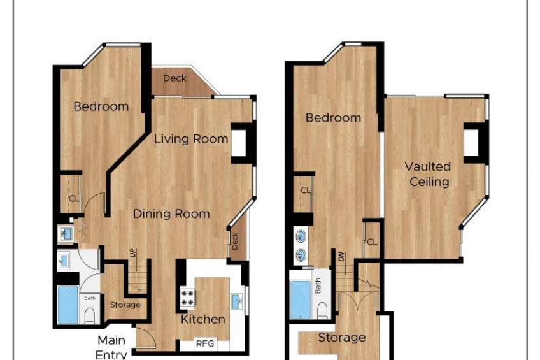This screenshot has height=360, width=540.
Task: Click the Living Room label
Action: pyautogui.click(x=191, y=139)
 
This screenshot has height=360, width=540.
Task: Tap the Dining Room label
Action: pyautogui.click(x=171, y=214)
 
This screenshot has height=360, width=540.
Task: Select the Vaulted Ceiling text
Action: pyautogui.click(x=428, y=175)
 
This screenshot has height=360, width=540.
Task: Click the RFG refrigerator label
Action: pyautogui.click(x=205, y=343)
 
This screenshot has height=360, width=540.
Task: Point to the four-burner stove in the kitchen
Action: pyautogui.click(x=188, y=298)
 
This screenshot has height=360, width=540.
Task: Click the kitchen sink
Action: pyautogui.click(x=237, y=301)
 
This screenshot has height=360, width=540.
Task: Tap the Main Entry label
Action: pyautogui.click(x=111, y=347)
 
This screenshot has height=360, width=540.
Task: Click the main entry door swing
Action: pyautogui.click(x=146, y=338)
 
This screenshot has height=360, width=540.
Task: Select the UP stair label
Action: pyautogui.click(x=133, y=254)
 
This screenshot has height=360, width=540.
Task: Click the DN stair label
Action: pyautogui.click(x=341, y=257)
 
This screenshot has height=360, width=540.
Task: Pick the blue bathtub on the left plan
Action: pyautogui.click(x=68, y=305)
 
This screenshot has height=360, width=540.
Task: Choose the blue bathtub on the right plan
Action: pyautogui.click(x=301, y=300)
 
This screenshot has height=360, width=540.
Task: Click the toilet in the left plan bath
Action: pyautogui.click(x=90, y=315)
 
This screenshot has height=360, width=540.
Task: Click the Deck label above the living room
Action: pyautogui.click(x=174, y=78)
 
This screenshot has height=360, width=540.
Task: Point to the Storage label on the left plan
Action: pyautogui.click(x=125, y=305)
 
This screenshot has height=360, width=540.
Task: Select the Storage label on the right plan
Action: pyautogui.click(x=341, y=338)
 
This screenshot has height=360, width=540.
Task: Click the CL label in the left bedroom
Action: pyautogui.click(x=74, y=199)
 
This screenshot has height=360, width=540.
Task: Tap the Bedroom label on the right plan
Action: pyautogui.click(x=333, y=118)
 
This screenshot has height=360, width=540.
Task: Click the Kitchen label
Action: pyautogui.click(x=203, y=319)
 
